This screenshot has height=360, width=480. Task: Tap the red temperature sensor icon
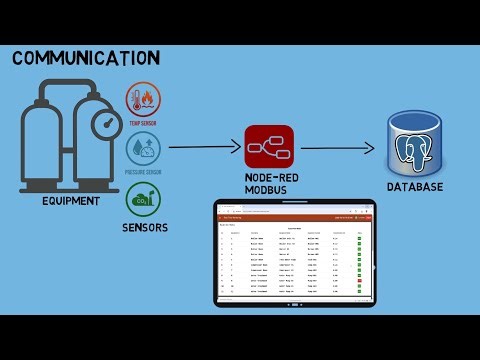[143, 101]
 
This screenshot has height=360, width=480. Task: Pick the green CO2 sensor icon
[143, 199]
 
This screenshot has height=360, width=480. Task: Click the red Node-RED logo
[270, 147]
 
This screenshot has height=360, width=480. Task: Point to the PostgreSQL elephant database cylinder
[419, 148]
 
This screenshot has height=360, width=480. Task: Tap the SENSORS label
[145, 228]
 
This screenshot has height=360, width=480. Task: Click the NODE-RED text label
[270, 178]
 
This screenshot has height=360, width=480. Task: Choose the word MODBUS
[270, 190]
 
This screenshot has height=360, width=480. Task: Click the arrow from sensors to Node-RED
[204, 148]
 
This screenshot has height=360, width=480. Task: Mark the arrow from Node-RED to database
[338, 148]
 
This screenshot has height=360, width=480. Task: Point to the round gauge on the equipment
[103, 123]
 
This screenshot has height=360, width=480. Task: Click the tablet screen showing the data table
[295, 258]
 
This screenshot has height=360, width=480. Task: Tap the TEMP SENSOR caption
[143, 125]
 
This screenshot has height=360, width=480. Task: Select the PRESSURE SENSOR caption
[143, 172]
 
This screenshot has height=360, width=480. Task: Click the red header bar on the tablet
[295, 217]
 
